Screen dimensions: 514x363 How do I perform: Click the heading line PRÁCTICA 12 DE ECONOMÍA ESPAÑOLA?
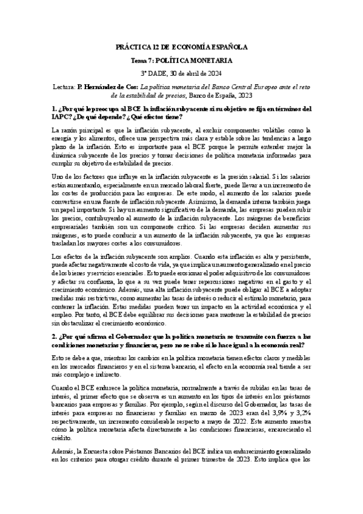pos(181,47)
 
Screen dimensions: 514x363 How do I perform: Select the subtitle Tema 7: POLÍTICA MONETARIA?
pos(181,61)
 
